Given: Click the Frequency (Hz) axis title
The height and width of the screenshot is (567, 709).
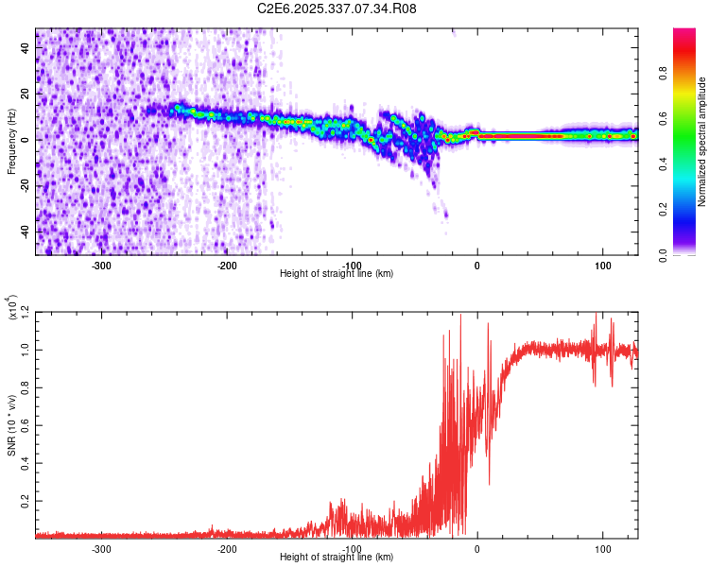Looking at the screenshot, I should [11, 141].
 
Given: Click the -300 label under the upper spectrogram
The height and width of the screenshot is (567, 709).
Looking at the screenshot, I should [101, 264].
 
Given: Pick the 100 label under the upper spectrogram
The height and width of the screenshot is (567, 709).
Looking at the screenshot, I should [602, 264].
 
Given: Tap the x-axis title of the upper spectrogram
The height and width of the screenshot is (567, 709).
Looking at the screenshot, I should [337, 273].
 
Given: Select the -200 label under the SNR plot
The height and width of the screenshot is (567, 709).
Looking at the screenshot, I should [226, 548].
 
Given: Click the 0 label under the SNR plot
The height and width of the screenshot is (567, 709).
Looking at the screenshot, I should [476, 548].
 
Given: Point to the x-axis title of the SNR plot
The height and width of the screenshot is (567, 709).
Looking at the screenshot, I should [337, 558].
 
